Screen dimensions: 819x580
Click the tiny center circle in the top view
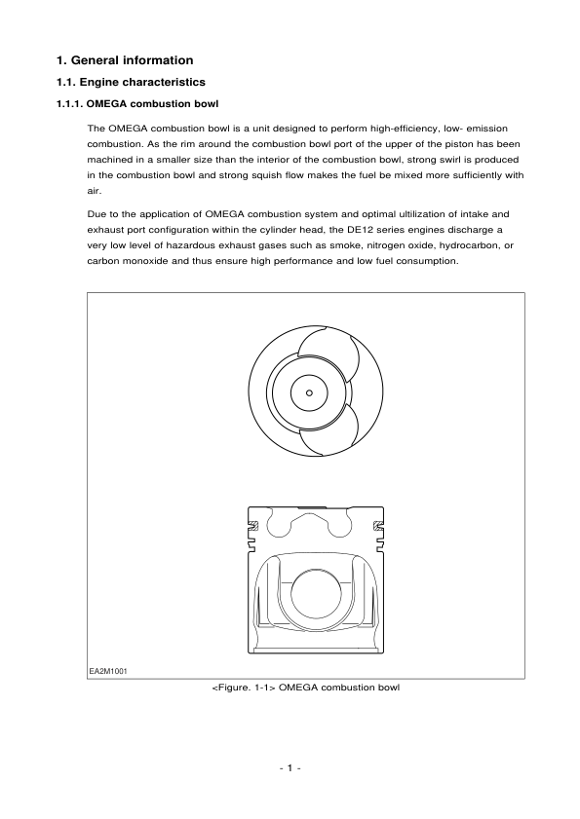[x=309, y=392]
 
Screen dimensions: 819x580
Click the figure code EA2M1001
[x=108, y=670]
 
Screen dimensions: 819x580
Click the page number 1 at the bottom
[x=290, y=768]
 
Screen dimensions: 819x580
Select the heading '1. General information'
[x=125, y=60]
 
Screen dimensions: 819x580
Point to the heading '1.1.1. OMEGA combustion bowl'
[x=137, y=103]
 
